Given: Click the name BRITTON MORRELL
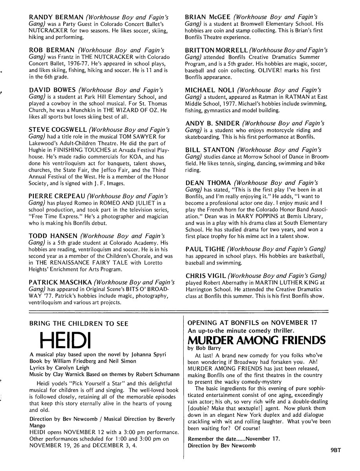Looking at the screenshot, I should point(216,51).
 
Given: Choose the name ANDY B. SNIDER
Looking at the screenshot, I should point(212,123).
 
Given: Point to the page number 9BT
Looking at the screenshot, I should point(336,462).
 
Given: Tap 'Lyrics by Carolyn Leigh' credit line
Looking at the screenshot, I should point(60,368).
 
